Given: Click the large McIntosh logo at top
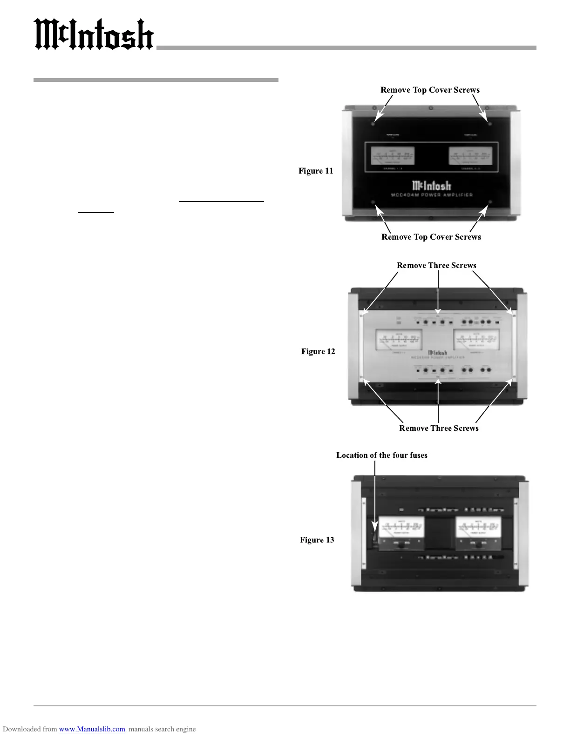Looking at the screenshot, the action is coord(94,35).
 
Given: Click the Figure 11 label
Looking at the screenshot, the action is coord(316,171).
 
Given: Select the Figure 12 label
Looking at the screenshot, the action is coord(318,351).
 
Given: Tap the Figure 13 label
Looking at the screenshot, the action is coord(317,540).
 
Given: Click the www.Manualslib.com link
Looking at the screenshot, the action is coord(92,729).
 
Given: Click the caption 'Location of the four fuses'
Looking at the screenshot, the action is coord(381,455).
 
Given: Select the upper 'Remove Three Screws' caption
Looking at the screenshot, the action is coord(436,265).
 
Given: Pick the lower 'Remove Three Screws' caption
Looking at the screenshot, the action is coord(439,428).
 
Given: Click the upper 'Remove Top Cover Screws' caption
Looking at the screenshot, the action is coord(430,90).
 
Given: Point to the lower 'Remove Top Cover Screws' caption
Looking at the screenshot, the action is coord(431,237).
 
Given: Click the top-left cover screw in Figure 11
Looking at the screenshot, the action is coord(373,123).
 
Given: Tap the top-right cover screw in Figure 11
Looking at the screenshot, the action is coord(489,123).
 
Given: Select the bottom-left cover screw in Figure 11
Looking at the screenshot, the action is coord(373,202).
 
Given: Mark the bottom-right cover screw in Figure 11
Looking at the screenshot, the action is coord(490,202).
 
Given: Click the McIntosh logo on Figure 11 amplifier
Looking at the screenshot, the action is coord(431,185).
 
